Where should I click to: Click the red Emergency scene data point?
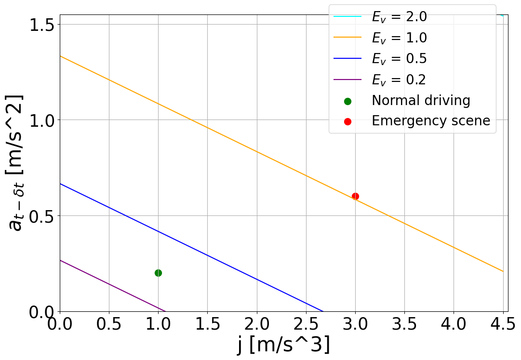(355, 196)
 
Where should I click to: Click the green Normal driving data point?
(158, 273)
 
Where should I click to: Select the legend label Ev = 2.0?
(399, 17)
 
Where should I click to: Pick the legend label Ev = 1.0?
(399, 38)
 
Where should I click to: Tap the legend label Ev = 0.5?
(399, 58)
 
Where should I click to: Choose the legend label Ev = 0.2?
(399, 79)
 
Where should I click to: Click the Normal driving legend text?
(420, 100)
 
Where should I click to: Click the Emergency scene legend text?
(430, 121)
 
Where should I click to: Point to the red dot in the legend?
(347, 121)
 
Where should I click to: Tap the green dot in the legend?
(347, 101)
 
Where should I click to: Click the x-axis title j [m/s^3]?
(283, 346)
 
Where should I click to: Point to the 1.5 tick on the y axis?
(42, 24)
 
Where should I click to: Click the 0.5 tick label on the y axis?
(42, 216)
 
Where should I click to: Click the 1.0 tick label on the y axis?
(42, 120)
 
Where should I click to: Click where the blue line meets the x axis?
(322, 311)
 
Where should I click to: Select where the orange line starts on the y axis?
(60, 56)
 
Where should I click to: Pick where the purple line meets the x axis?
(165, 311)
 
